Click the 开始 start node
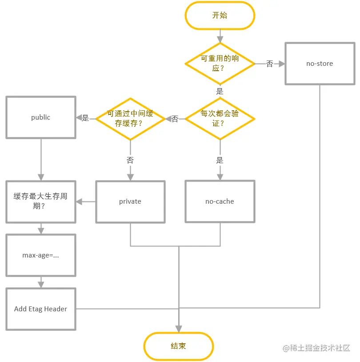point(220,16)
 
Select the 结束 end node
point(178,346)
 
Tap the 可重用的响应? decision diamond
point(220,64)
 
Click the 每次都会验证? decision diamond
point(220,119)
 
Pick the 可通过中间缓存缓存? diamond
point(130,119)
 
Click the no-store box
point(320,64)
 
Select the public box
point(41,117)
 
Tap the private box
point(130,201)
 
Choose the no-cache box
point(220,201)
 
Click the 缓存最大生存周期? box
point(41,201)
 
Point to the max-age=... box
point(41,255)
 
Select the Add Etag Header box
point(41,309)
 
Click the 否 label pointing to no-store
point(270,64)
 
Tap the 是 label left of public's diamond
point(85,118)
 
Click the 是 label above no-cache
point(220,160)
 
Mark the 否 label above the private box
point(130,160)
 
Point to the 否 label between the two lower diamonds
point(175,119)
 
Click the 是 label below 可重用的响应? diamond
point(220,91)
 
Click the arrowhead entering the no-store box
point(282,64)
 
